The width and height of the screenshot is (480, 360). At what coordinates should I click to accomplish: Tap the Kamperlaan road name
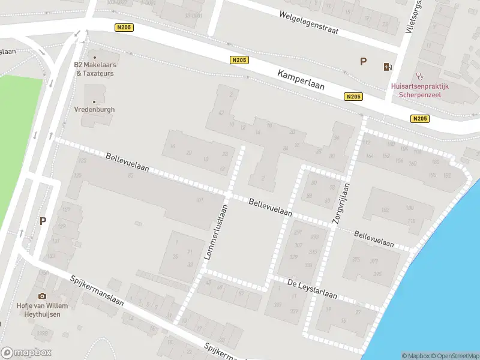[301, 79]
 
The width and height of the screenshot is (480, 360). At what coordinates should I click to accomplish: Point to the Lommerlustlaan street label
[216, 232]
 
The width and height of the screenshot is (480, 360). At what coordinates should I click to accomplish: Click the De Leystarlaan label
[312, 290]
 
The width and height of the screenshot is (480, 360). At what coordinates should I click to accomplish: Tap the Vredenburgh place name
[94, 110]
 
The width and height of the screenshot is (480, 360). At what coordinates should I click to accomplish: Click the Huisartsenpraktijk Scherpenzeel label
[420, 90]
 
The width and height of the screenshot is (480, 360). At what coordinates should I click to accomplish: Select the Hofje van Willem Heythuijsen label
[42, 310]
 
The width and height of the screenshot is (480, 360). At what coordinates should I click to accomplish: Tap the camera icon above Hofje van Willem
[42, 296]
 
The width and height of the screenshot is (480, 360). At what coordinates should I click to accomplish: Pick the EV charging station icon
[387, 66]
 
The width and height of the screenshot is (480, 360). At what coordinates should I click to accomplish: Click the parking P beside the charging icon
[362, 61]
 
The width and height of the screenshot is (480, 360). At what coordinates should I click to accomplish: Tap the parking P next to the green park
[43, 221]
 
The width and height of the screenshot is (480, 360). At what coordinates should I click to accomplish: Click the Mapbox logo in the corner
[26, 353]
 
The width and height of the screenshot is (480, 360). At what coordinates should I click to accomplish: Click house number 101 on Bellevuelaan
[199, 200]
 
